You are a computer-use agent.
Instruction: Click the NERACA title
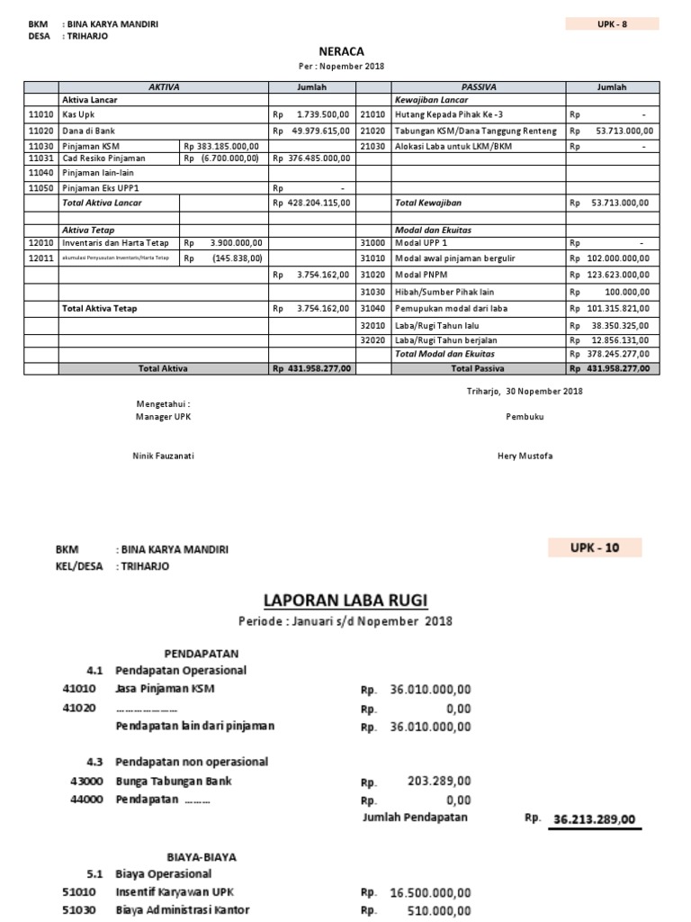pos(342,52)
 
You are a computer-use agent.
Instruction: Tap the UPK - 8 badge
pos(612,23)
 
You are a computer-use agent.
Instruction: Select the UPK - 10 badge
pos(594,547)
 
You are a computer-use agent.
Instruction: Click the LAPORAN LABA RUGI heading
pos(345,600)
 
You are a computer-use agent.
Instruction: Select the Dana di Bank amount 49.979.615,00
pos(319,131)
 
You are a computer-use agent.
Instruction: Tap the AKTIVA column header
pos(164,87)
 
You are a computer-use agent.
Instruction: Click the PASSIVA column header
pos(478,87)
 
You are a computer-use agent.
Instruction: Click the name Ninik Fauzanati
pos(163,456)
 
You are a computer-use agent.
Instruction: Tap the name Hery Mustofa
pos(525,456)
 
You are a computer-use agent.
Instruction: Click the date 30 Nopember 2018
pos(544,391)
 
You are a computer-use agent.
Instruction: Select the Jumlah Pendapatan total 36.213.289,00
pos(594,819)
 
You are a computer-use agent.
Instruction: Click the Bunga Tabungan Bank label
pos(173,781)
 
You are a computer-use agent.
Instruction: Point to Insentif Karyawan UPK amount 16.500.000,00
pos(430,892)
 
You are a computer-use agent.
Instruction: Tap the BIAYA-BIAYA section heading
pos(202,856)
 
